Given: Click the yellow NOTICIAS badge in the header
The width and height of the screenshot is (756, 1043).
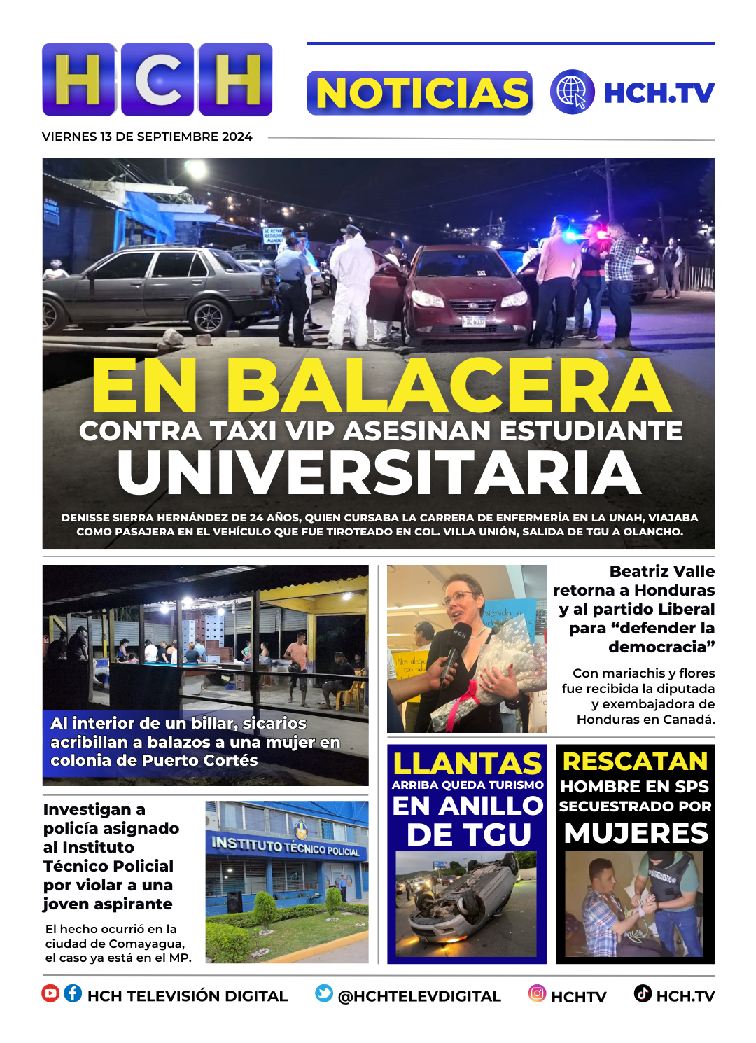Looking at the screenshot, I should click(x=420, y=93).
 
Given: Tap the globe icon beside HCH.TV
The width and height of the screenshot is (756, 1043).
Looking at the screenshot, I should click(x=572, y=92).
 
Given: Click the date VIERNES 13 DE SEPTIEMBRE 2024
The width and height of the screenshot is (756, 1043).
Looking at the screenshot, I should click(x=147, y=136).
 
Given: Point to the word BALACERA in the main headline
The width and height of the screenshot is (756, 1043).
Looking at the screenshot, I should click(x=448, y=386).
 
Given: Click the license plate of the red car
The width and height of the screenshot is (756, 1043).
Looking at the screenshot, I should click(x=473, y=321).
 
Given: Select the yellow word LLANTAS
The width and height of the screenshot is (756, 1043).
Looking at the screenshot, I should click(x=467, y=764).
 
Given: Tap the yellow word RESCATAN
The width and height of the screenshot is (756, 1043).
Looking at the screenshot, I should click(x=635, y=762).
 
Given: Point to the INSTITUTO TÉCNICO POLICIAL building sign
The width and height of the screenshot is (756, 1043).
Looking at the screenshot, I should click(x=286, y=846).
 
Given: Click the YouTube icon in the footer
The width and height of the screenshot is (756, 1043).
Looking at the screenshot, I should click(x=50, y=993).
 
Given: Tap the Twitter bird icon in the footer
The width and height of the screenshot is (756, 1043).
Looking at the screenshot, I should click(x=324, y=993).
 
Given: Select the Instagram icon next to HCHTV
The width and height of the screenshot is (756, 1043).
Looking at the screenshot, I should click(x=537, y=993).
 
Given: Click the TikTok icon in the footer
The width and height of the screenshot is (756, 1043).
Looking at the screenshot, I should click(x=643, y=993).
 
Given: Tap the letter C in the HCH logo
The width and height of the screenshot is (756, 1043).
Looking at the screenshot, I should click(x=158, y=80).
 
